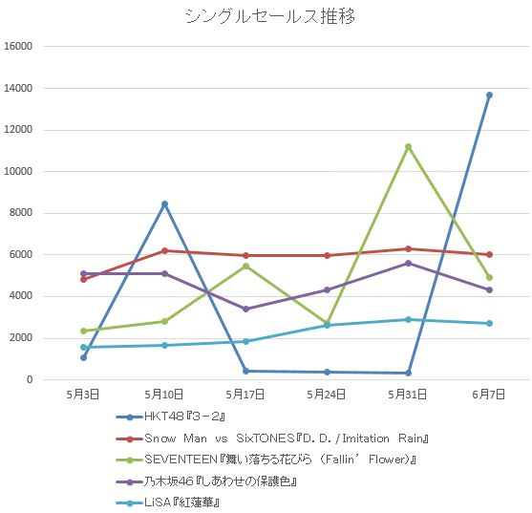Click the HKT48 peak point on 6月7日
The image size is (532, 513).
tap(489, 95)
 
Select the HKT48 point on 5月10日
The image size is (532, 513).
tap(164, 203)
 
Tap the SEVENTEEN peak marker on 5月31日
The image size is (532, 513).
tap(408, 146)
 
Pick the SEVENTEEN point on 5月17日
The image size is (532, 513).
tap(245, 266)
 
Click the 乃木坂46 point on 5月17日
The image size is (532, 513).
tap(245, 309)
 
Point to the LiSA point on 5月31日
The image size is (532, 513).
tap(408, 319)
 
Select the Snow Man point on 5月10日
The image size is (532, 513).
tap(164, 250)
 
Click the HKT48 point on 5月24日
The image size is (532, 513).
tap(327, 372)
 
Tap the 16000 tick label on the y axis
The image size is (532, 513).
tap(19, 46)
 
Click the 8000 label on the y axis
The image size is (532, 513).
tap(22, 213)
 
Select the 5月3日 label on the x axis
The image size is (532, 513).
tap(83, 393)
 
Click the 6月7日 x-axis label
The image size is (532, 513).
tap(489, 393)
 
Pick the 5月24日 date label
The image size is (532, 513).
tap(327, 393)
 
